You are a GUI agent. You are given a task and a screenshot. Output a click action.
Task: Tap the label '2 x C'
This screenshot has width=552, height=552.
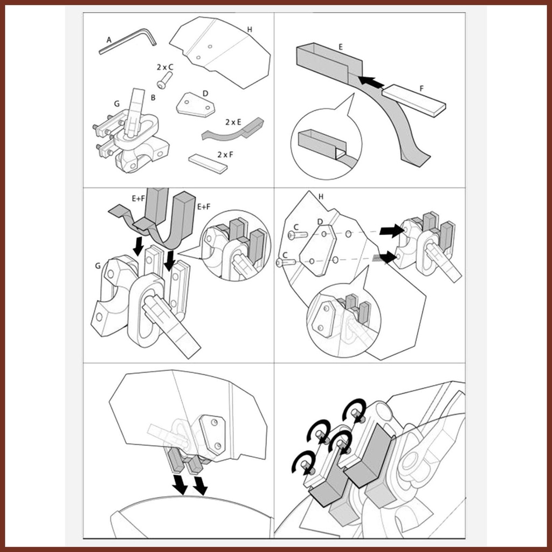(165, 67)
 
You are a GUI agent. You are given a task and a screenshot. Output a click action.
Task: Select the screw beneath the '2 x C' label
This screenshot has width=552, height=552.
(164, 80)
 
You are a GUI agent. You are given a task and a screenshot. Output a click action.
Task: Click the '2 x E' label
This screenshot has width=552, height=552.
(233, 122)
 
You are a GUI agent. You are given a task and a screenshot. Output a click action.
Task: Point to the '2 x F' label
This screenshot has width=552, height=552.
(225, 155)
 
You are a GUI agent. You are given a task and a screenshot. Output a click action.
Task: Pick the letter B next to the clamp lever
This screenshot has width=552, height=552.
(153, 98)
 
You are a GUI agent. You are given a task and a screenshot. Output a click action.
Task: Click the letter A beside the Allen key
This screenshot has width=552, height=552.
(109, 40)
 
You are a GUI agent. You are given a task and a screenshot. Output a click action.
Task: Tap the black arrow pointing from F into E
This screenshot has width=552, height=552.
(371, 81)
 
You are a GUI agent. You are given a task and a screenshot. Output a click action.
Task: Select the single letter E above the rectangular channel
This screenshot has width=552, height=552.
(341, 47)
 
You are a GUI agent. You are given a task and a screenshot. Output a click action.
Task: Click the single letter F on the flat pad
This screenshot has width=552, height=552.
(422, 89)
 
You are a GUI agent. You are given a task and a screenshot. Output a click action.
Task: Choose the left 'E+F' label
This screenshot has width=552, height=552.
(139, 198)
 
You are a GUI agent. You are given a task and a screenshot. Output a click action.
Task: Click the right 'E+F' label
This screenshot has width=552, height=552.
(203, 206)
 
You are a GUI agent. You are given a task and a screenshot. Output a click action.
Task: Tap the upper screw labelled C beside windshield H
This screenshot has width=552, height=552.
(298, 235)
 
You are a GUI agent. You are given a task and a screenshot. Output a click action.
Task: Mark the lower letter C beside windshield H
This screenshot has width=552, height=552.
(286, 254)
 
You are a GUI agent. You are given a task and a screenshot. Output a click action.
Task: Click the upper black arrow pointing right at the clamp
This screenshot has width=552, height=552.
(392, 231)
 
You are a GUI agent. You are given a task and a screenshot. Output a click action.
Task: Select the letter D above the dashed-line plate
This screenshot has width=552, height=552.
(320, 222)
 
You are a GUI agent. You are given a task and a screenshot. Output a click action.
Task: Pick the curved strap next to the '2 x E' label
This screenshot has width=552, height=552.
(232, 129)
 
